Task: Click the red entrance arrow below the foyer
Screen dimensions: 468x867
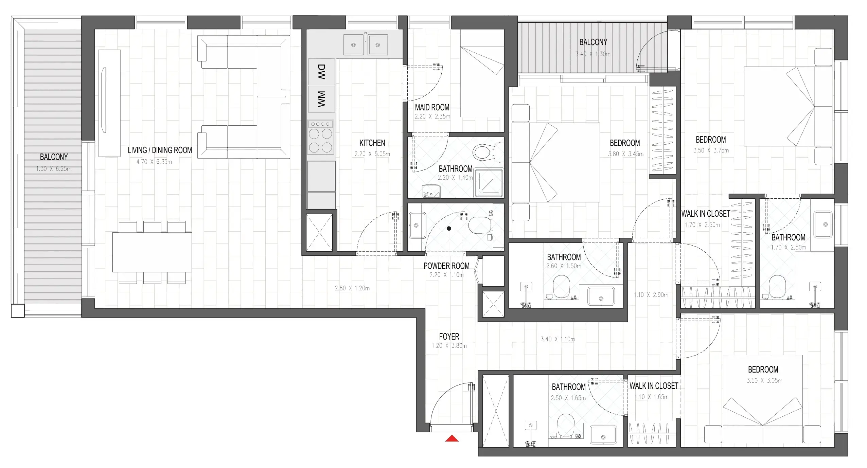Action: pos(452,438)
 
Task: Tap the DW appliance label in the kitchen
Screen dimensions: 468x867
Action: pos(321,72)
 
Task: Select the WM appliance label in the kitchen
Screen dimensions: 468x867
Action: pos(321,99)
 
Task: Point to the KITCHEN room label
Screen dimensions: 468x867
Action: pos(372,143)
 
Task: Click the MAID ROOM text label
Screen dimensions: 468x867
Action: pos(432,107)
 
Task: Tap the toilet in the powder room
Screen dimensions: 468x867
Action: pos(479,224)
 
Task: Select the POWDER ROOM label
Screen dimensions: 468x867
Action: pos(446,266)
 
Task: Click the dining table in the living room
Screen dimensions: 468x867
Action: pos(152,252)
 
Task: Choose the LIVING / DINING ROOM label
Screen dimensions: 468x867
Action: pos(160,150)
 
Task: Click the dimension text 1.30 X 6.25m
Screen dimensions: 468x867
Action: pos(54,169)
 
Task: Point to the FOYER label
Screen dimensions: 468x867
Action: pos(449,337)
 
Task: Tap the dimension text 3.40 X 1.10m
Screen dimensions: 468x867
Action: pos(558,339)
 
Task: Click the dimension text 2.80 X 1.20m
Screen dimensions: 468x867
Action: pos(352,288)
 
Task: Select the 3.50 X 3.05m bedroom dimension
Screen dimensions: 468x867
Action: pos(764,381)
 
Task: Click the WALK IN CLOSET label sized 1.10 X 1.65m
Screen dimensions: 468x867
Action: pos(654,386)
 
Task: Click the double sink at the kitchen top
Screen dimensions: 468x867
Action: pos(365,44)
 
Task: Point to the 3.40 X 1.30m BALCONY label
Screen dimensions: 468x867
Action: pos(593,42)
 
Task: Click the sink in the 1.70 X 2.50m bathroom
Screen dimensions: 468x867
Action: pos(823,224)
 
